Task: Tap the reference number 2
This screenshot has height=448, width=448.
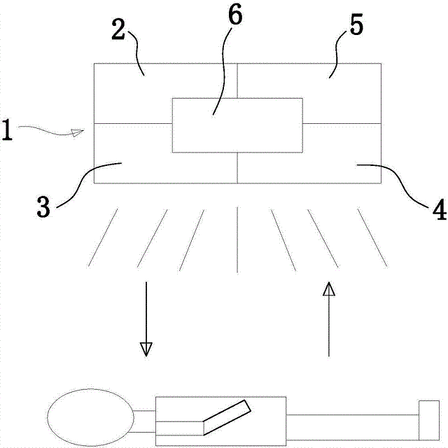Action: pos(119,29)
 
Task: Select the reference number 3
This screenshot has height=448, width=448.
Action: pos(43,208)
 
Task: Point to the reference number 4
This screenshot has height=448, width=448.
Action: pos(438,209)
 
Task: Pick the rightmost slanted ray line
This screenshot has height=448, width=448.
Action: pos(372,237)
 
